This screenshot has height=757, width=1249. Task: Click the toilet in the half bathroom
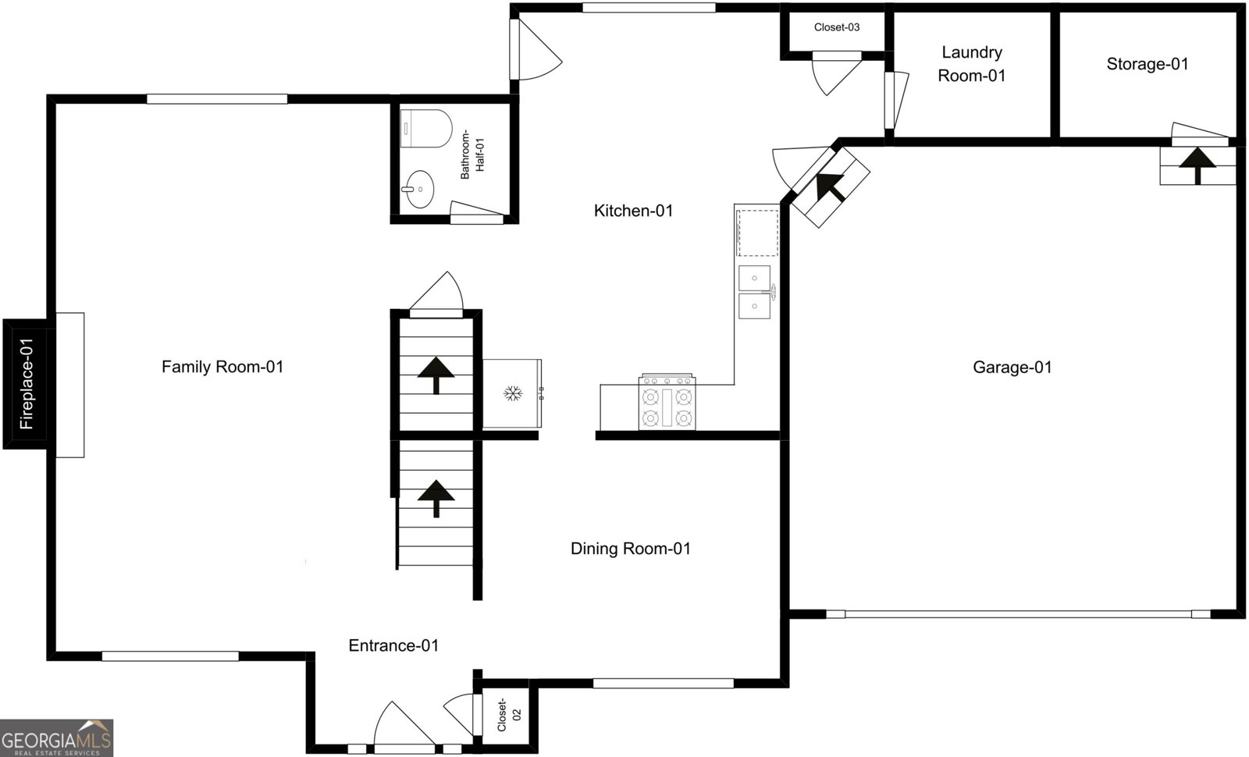pos(426,128)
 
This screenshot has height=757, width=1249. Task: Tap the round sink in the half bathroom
pos(419,189)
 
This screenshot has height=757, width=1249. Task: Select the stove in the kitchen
pos(667,402)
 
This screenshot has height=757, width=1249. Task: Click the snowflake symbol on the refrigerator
pos(512,393)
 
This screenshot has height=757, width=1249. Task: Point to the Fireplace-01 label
pos(27,384)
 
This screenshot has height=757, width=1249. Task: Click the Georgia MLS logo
pos(56,738)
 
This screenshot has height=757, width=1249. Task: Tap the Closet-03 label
pos(836,27)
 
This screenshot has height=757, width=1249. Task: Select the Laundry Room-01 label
pos(972,63)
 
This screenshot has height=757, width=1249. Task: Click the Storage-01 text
pos(1148,64)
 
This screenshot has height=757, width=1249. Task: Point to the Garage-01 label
pos(1012,368)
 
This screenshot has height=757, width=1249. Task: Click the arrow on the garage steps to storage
pos(1197,165)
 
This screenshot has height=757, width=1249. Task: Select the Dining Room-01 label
pos(631,549)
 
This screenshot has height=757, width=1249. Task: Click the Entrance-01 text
pos(393,645)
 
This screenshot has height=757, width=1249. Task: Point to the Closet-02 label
pos(508,714)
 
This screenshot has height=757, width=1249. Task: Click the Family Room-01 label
pos(222,367)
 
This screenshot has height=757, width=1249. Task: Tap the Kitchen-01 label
pos(633,211)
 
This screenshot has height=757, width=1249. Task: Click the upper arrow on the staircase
pos(436,375)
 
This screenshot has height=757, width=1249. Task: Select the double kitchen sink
pos(756,292)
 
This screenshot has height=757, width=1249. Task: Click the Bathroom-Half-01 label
pos(472,155)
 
